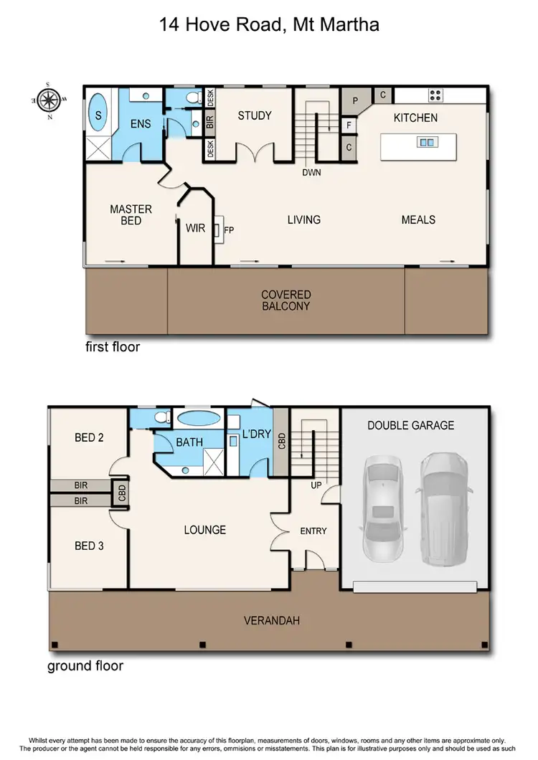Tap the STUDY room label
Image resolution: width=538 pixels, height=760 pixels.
click(255, 115)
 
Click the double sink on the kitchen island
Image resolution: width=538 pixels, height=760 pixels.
click(426, 143)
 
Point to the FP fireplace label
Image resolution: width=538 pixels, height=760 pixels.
click(230, 230)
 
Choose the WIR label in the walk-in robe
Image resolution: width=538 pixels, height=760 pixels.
click(195, 228)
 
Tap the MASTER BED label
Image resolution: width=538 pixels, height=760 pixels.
click(131, 215)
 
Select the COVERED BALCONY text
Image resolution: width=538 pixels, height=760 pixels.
click(285, 300)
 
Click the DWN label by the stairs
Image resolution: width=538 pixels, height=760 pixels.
click(311, 172)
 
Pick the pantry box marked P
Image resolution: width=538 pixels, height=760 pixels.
click(354, 102)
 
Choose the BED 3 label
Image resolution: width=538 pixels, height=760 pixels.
click(89, 546)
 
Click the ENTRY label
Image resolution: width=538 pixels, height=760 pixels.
click(313, 531)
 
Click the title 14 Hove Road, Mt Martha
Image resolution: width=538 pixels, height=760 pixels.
click(268, 26)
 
